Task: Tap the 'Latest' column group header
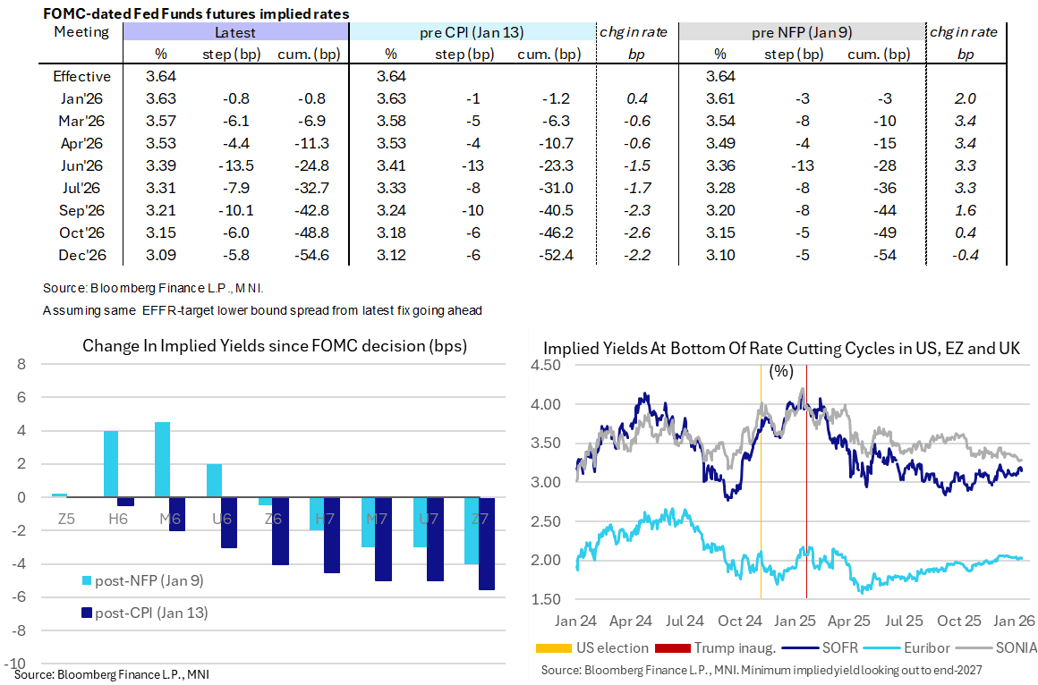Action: coord(235,32)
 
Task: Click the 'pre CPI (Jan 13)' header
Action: coord(472,32)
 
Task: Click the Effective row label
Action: coord(81,77)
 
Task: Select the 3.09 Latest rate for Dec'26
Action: coord(162,256)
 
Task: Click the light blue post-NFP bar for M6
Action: coord(162,460)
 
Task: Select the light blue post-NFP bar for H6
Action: coord(111,464)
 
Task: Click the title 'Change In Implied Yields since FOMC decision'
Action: coord(275,346)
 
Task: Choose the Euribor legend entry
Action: coord(923,647)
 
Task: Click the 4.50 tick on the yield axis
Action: coord(547,366)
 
